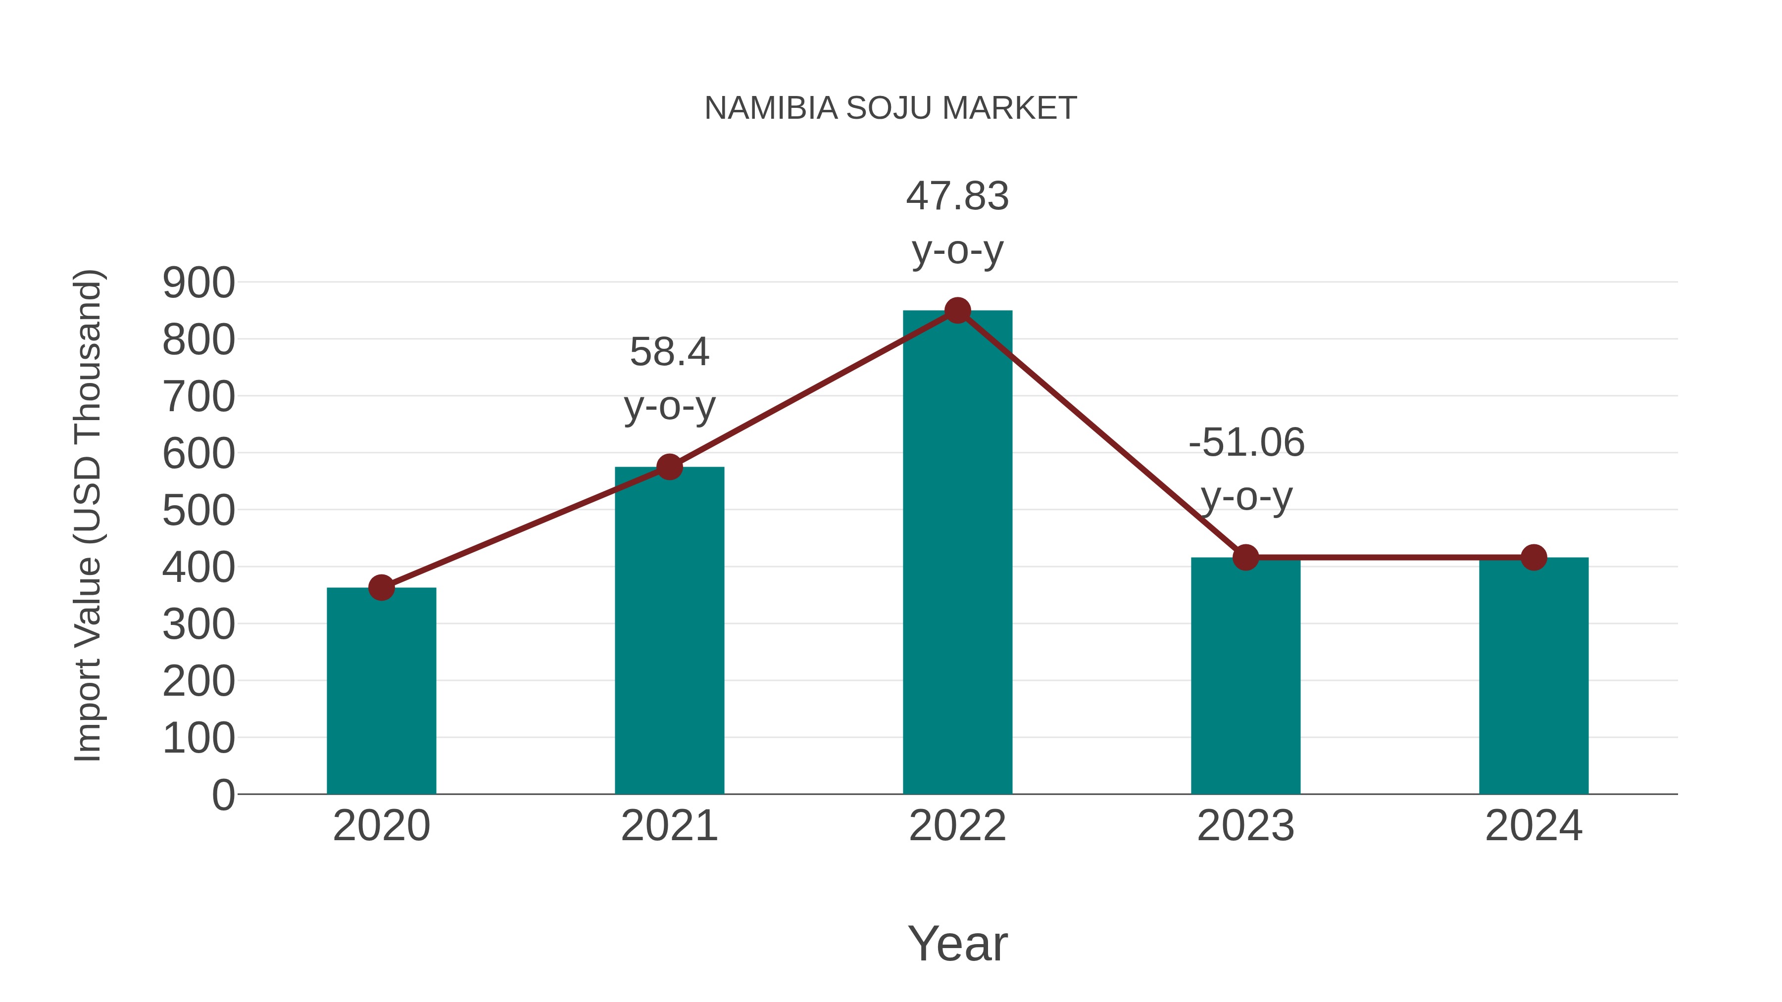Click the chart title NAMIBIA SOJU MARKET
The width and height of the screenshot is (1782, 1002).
pos(891,108)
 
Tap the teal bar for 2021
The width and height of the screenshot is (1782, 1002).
pos(669,630)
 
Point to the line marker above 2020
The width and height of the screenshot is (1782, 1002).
pos(381,588)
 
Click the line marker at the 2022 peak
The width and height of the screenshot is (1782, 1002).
pos(957,310)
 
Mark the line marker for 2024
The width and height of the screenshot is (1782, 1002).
pos(1534,557)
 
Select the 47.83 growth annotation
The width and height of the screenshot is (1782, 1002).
pos(957,196)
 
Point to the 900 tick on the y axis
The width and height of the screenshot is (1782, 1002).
pos(198,283)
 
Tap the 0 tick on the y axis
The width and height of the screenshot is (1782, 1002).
pos(223,795)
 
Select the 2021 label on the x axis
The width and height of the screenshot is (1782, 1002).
pos(669,826)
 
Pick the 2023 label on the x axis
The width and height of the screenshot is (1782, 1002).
pos(1245,826)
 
